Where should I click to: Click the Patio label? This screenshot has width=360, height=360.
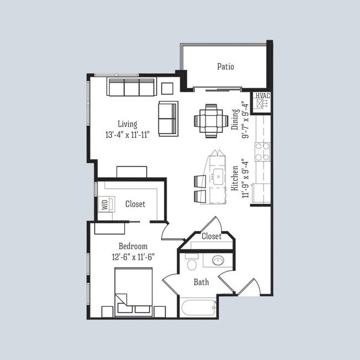pos(225,67)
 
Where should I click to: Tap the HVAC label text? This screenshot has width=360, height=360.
pos(262,96)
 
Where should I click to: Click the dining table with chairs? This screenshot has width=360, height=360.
pos(211,120)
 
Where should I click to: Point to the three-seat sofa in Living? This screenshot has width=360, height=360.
pos(131,88)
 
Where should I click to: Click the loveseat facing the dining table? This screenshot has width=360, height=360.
pos(168,119)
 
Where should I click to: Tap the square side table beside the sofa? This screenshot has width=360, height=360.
pos(167,88)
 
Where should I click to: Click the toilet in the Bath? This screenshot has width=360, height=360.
pos(192,262)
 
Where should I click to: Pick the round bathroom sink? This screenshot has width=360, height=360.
pos(218,260)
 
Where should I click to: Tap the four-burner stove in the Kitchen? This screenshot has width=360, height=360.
pos(262,151)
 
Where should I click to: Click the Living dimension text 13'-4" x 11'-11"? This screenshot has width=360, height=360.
pos(127,135)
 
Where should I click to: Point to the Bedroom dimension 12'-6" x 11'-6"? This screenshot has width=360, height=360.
pos(133,256)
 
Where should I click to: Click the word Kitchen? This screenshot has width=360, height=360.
pos(235,178)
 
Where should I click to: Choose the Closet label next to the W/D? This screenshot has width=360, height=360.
pos(135,204)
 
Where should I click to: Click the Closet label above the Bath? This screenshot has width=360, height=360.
pos(211,236)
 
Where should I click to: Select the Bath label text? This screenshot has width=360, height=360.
pos(201,282)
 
